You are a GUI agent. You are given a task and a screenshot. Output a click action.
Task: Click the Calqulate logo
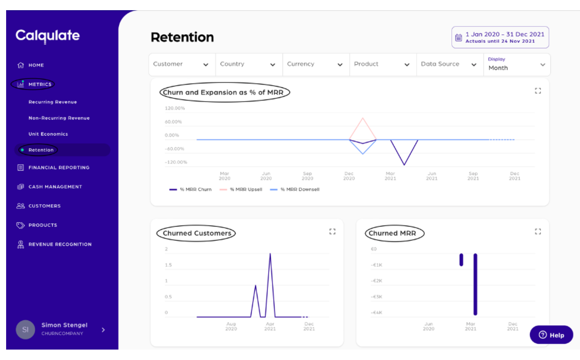(47, 36)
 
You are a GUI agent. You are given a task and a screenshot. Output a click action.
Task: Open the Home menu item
(36, 65)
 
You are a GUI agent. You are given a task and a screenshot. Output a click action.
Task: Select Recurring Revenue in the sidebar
(53, 102)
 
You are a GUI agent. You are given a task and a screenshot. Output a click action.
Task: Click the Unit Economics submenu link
(48, 134)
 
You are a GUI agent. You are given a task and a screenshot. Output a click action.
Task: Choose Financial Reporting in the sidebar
(59, 168)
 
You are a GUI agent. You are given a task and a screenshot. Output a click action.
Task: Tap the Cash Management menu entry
(55, 187)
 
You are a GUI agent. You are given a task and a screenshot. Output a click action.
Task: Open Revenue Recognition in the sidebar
(60, 244)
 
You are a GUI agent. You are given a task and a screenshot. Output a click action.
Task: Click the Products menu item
(43, 225)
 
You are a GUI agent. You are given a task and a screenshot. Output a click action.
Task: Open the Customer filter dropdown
(181, 64)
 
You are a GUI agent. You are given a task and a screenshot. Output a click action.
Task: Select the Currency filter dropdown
(315, 64)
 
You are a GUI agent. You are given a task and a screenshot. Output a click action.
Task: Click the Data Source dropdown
(449, 64)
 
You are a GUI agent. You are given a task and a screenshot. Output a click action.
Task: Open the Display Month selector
(516, 65)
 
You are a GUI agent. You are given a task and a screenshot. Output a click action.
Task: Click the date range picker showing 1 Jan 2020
(500, 37)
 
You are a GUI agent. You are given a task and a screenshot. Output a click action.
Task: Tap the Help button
(551, 335)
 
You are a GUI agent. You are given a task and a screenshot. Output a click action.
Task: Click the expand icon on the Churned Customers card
(332, 231)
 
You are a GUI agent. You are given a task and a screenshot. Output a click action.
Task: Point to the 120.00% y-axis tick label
(175, 108)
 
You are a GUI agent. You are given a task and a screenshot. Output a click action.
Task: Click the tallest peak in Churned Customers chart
(270, 254)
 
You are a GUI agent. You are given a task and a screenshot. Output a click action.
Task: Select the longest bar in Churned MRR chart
(475, 284)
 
